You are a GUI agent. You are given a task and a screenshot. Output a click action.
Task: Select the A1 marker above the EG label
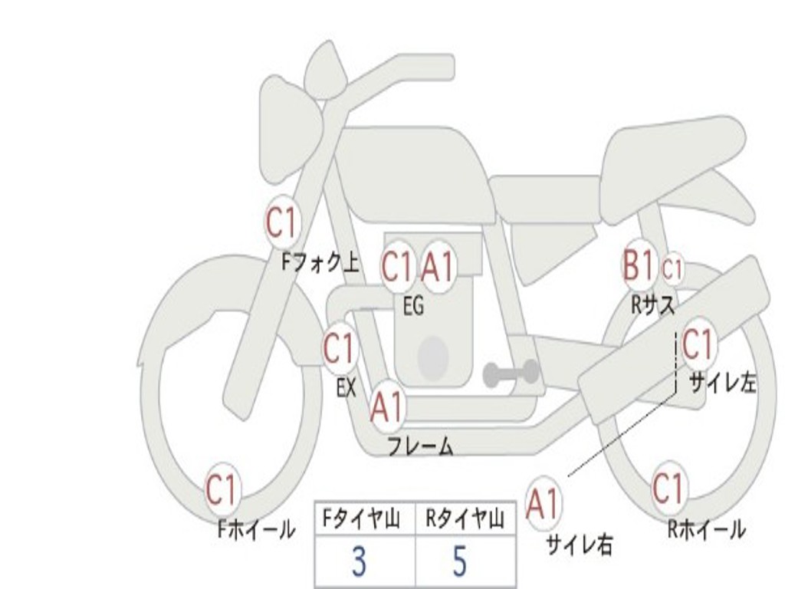[438, 266]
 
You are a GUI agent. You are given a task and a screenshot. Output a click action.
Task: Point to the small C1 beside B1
[672, 269]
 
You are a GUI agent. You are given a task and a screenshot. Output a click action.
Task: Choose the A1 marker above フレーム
[387, 406]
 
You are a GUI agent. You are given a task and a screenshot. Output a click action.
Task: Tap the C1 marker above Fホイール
[222, 490]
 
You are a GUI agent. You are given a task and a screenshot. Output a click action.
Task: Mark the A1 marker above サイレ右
[543, 503]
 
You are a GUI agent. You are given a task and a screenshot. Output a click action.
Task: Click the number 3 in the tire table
[359, 561]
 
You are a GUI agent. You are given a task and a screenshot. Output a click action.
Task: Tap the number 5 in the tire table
[459, 561]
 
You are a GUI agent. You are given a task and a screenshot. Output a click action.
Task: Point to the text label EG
[414, 305]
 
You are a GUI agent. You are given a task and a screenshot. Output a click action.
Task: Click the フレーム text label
[421, 446]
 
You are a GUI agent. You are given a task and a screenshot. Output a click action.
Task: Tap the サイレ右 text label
[580, 545]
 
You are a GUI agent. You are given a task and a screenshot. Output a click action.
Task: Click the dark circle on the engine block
[434, 358]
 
